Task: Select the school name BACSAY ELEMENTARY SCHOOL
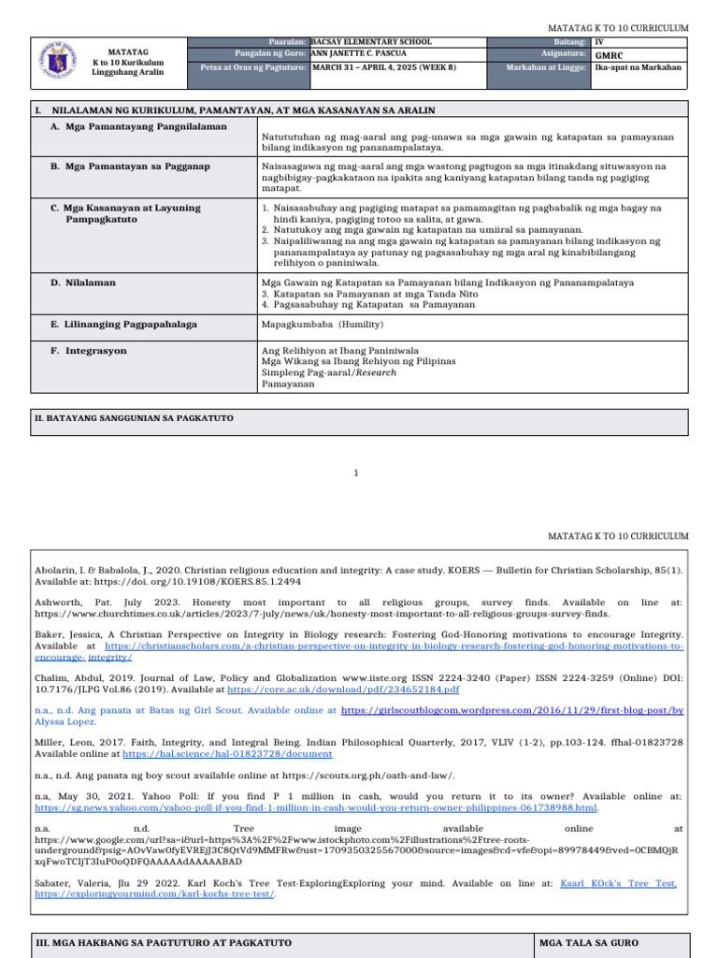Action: (371, 42)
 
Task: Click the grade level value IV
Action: (599, 42)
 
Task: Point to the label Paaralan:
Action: (287, 42)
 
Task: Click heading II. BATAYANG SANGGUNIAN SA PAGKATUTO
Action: (134, 417)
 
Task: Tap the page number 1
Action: (356, 472)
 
